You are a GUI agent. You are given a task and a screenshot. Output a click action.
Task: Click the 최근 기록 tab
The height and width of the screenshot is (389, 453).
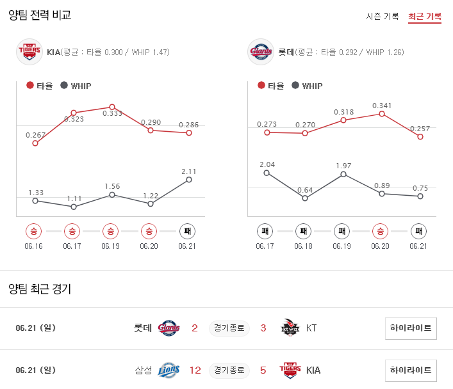point(424,16)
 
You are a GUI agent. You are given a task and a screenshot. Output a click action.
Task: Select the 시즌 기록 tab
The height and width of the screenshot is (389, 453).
point(383,16)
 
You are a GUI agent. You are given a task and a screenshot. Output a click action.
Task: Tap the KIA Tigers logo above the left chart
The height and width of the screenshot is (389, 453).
point(28,52)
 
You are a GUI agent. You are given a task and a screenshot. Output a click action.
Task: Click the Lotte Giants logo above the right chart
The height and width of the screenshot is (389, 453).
point(260,52)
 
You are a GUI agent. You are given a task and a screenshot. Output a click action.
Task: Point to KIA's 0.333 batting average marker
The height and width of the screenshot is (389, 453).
point(111,107)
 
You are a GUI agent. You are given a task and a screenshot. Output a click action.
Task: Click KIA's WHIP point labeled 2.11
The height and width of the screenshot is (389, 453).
point(188,180)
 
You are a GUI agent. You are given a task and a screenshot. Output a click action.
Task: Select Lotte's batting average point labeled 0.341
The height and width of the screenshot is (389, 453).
point(382,114)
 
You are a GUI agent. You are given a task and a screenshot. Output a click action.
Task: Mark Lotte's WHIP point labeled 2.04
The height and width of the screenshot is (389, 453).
point(267,173)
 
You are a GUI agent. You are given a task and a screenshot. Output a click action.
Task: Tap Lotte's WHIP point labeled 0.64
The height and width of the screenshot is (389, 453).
point(305,198)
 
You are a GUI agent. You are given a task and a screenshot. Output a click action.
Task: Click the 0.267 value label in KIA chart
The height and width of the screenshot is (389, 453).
point(35,135)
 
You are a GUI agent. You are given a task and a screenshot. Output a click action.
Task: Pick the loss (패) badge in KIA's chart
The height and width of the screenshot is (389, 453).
point(187,231)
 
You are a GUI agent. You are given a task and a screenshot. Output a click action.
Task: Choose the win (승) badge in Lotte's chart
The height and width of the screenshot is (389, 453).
point(381,231)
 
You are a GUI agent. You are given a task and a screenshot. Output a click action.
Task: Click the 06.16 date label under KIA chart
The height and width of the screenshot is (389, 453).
point(33,246)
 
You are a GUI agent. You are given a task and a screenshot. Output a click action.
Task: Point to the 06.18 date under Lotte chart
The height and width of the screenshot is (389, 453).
point(304,246)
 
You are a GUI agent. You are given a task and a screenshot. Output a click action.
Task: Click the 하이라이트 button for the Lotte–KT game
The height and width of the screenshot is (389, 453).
point(411,328)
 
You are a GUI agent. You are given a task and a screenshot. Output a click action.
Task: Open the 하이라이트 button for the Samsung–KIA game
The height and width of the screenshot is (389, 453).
point(411,370)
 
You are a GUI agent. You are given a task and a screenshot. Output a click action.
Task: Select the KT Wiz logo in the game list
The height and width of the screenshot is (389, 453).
point(290,328)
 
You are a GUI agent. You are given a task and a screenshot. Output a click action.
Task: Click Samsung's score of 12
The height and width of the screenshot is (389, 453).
point(195,370)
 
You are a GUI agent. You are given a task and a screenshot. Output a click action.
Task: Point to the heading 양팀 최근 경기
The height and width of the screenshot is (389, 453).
point(40,289)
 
